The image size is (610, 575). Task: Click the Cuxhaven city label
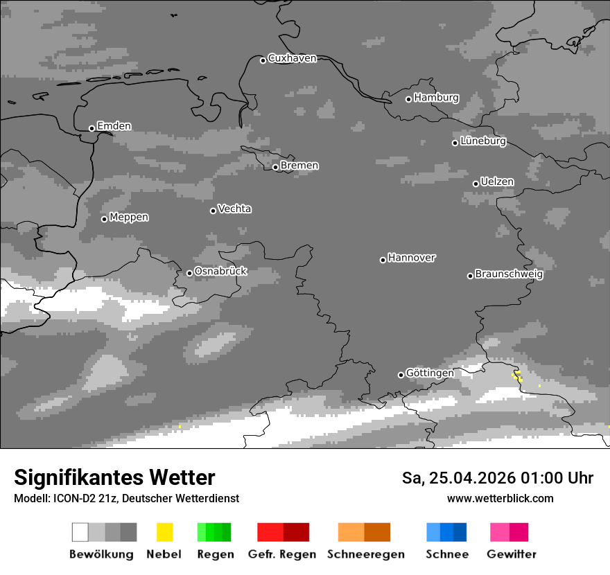(x=292, y=58)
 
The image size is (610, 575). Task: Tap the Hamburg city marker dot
(x=408, y=99)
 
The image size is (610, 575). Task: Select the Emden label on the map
(x=114, y=126)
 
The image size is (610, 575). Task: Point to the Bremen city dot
(x=275, y=167)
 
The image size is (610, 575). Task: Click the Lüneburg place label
(x=483, y=141)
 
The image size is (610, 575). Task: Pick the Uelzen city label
(x=497, y=182)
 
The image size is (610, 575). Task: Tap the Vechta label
(x=234, y=209)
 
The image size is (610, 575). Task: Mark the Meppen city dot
(x=104, y=219)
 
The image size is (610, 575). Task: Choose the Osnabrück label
(x=220, y=271)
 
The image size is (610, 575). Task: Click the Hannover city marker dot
(x=383, y=260)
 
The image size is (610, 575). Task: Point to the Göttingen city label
(x=430, y=373)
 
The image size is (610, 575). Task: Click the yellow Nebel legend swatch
(x=164, y=532)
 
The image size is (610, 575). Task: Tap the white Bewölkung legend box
(x=80, y=532)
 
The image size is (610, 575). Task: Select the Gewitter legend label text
(x=511, y=554)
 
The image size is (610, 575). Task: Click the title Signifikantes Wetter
(x=114, y=477)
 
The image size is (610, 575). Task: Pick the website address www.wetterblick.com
(x=500, y=498)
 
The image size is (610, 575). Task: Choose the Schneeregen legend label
(x=365, y=554)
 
